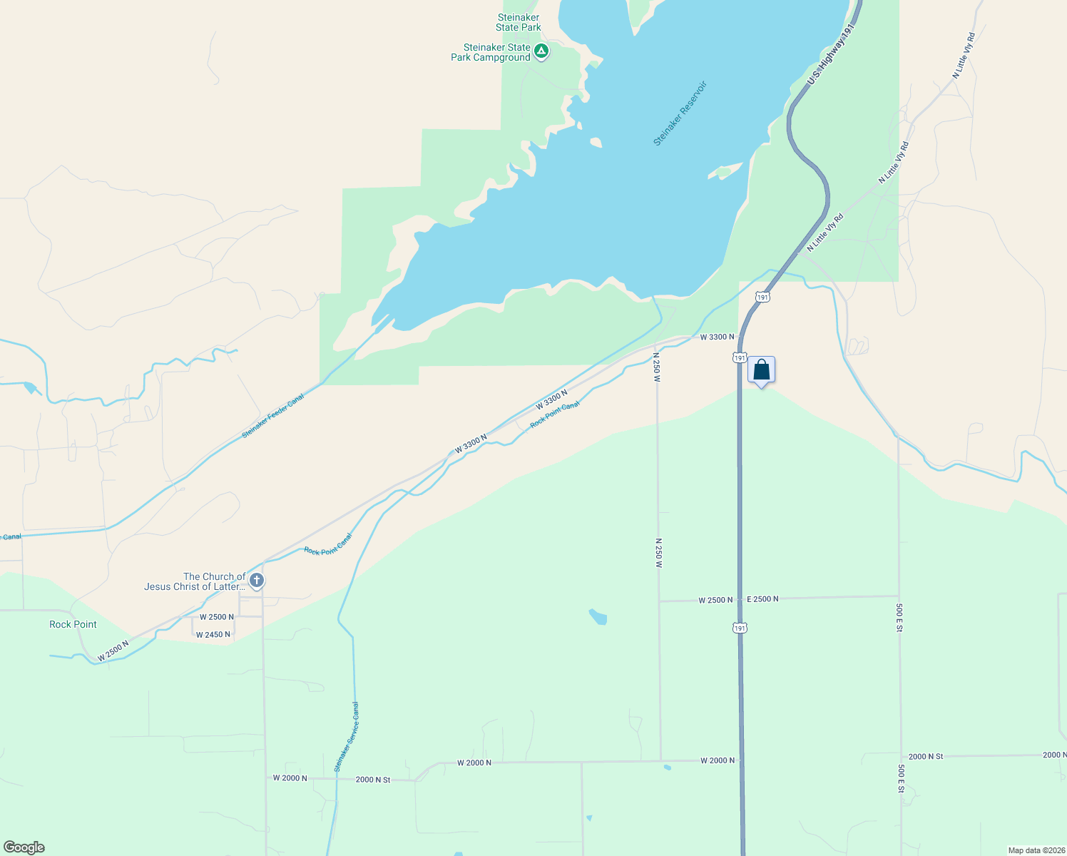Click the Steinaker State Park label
[519, 23]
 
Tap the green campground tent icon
[541, 51]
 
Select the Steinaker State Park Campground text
[491, 53]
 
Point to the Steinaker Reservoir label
[680, 113]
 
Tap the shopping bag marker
[761, 370]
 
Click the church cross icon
[257, 581]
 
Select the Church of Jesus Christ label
[195, 581]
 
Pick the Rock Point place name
[73, 624]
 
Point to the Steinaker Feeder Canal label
[273, 416]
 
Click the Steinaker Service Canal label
[347, 737]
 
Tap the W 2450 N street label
[213, 635]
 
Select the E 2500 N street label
[762, 599]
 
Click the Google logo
[24, 847]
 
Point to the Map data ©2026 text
[1036, 850]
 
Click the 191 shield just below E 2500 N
[740, 628]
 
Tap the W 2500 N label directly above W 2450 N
[217, 617]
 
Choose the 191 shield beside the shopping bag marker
[740, 357]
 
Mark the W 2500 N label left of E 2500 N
[715, 600]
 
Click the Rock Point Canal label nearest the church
[328, 546]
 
